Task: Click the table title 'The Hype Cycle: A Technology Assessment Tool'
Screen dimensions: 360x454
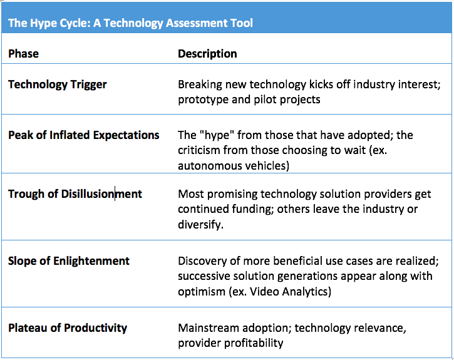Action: pyautogui.click(x=130, y=23)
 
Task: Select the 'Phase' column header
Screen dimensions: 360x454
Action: pyautogui.click(x=23, y=54)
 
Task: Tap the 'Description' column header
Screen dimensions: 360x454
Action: pyautogui.click(x=207, y=54)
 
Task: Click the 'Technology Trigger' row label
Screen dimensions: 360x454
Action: pyautogui.click(x=57, y=85)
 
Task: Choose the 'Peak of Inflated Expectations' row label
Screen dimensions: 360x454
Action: pyautogui.click(x=83, y=135)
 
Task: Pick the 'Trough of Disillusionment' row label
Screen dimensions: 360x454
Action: pyautogui.click(x=75, y=193)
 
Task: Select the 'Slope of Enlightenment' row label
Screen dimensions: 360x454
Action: pyautogui.click(x=68, y=260)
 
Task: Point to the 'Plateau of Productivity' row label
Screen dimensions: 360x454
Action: pyautogui.click(x=67, y=327)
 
